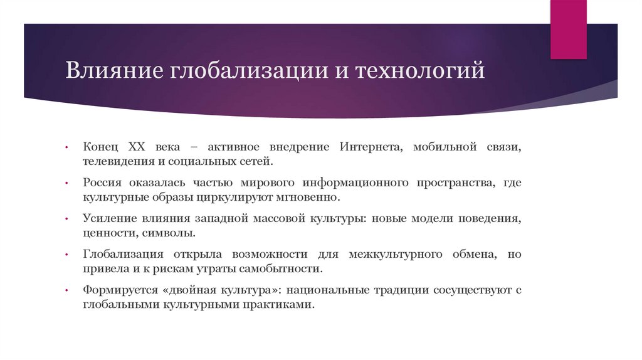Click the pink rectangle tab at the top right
click(x=568, y=28)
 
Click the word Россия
click(x=102, y=183)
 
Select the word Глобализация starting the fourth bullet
click(x=123, y=255)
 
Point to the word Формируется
click(x=116, y=290)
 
